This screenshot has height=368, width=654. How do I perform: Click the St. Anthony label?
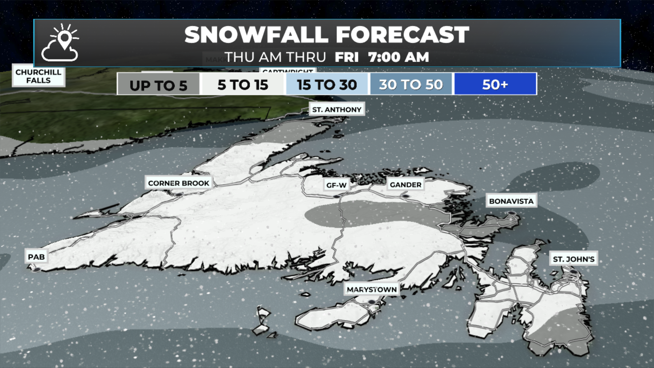coord(337,109)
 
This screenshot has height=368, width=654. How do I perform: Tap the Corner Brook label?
coord(178,183)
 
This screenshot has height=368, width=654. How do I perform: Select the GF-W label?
coord(336,185)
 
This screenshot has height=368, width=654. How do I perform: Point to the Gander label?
coord(405,185)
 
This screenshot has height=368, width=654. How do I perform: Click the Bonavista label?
coord(511,201)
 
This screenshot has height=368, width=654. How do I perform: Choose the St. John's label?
coord(574,259)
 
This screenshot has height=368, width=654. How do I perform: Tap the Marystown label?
coord(372,289)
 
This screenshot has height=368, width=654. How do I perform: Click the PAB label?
coord(36,257)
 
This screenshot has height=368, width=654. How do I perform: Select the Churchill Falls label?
coord(38,76)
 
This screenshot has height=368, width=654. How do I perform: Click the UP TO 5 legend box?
coord(158,85)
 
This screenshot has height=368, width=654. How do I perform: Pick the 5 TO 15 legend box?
coord(243,85)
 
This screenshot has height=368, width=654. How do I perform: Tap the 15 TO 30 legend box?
coord(327,85)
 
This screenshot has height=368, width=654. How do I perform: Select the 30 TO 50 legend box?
coord(411,85)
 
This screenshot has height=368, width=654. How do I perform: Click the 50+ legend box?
coord(495,85)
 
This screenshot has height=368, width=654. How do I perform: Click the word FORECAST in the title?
coord(403,35)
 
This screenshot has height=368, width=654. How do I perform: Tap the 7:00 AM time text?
coord(399,57)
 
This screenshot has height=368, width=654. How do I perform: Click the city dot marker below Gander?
coord(405,196)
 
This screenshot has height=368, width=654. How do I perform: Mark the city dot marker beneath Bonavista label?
coord(512,213)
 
